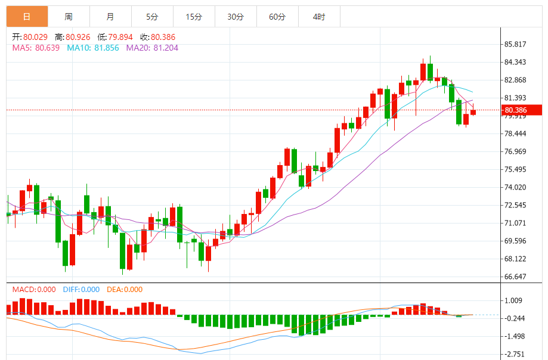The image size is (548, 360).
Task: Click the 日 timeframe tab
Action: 27,17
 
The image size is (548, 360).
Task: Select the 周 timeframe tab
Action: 69,17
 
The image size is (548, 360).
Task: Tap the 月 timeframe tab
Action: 110,17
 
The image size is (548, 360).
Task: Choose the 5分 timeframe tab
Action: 152,17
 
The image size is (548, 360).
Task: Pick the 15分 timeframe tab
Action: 194,17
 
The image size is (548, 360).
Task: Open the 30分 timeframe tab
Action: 236,17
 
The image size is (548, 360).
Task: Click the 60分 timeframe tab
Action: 277,17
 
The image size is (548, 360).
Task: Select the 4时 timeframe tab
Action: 319,17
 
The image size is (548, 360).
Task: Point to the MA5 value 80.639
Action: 47,48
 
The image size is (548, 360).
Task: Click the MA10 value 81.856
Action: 102,48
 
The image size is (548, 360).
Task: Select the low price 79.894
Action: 120,37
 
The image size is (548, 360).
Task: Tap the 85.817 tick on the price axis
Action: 515,45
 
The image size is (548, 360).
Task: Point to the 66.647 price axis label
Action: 515,277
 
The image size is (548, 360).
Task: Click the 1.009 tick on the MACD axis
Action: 513,301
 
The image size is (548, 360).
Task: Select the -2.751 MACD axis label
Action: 514,354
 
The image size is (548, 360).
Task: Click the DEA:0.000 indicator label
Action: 125,290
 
